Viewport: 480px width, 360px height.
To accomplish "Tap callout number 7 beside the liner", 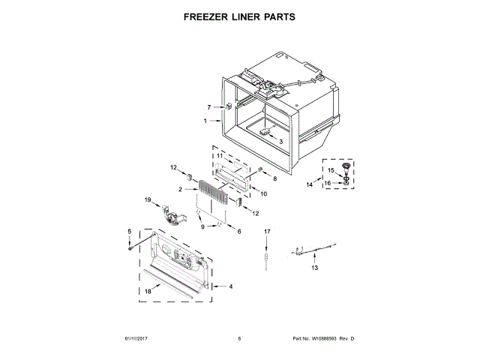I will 209,107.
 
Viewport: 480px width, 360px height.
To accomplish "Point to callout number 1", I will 205,121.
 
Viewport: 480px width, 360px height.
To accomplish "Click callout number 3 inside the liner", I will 280,140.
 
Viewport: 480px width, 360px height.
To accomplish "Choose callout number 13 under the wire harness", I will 315,267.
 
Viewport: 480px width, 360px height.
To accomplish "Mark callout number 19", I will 148,200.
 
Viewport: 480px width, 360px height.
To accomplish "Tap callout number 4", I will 231,286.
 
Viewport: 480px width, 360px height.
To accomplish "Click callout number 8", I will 274,178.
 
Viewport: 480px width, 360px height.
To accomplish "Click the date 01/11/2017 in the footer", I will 136,339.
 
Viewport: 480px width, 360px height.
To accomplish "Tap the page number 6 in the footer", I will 239,339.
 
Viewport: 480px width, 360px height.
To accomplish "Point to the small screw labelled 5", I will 130,247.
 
